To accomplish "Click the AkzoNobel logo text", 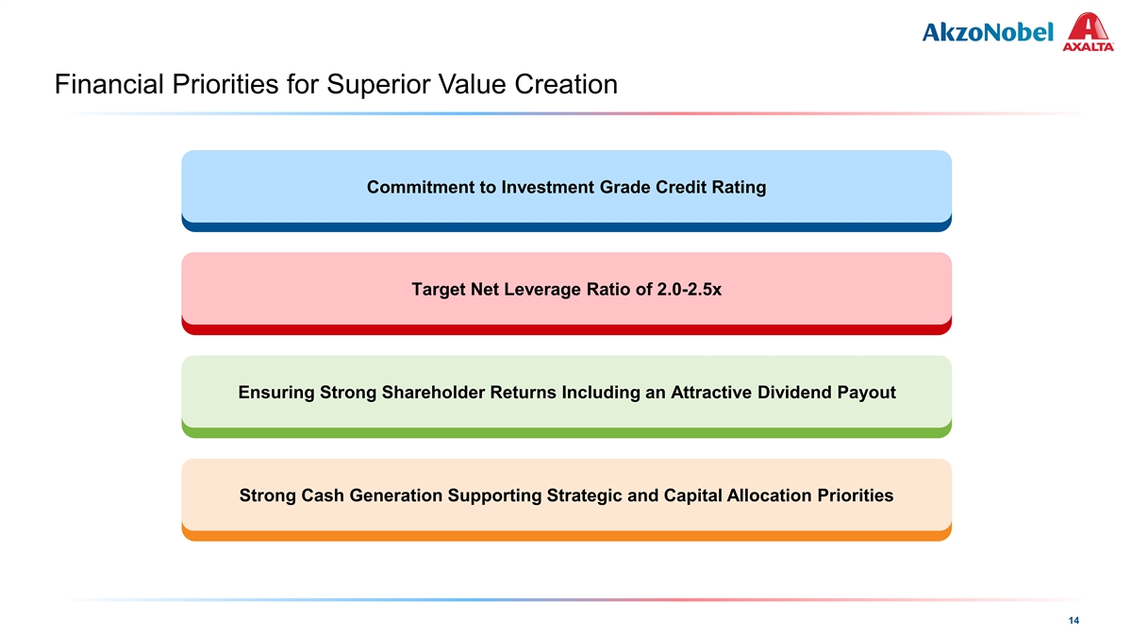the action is click(x=988, y=32).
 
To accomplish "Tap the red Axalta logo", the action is click(x=1088, y=32).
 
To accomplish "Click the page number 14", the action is click(x=1074, y=620).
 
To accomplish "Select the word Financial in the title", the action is click(x=109, y=84).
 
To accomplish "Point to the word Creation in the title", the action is click(x=566, y=84).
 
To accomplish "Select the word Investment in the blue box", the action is click(x=548, y=188).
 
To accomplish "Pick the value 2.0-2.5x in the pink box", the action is click(x=690, y=290).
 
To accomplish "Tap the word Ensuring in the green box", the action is click(x=276, y=393).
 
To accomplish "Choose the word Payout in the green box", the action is click(x=867, y=393).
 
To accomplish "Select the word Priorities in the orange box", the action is click(x=855, y=495).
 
